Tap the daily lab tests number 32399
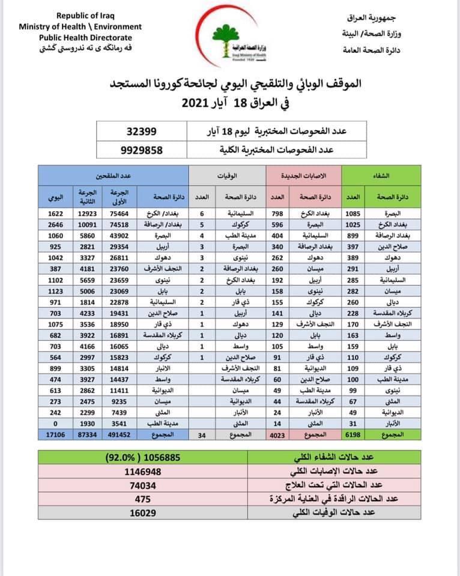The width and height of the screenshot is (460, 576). [142, 130]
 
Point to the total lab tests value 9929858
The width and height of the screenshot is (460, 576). [142, 150]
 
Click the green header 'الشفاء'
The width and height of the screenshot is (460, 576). [381, 176]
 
